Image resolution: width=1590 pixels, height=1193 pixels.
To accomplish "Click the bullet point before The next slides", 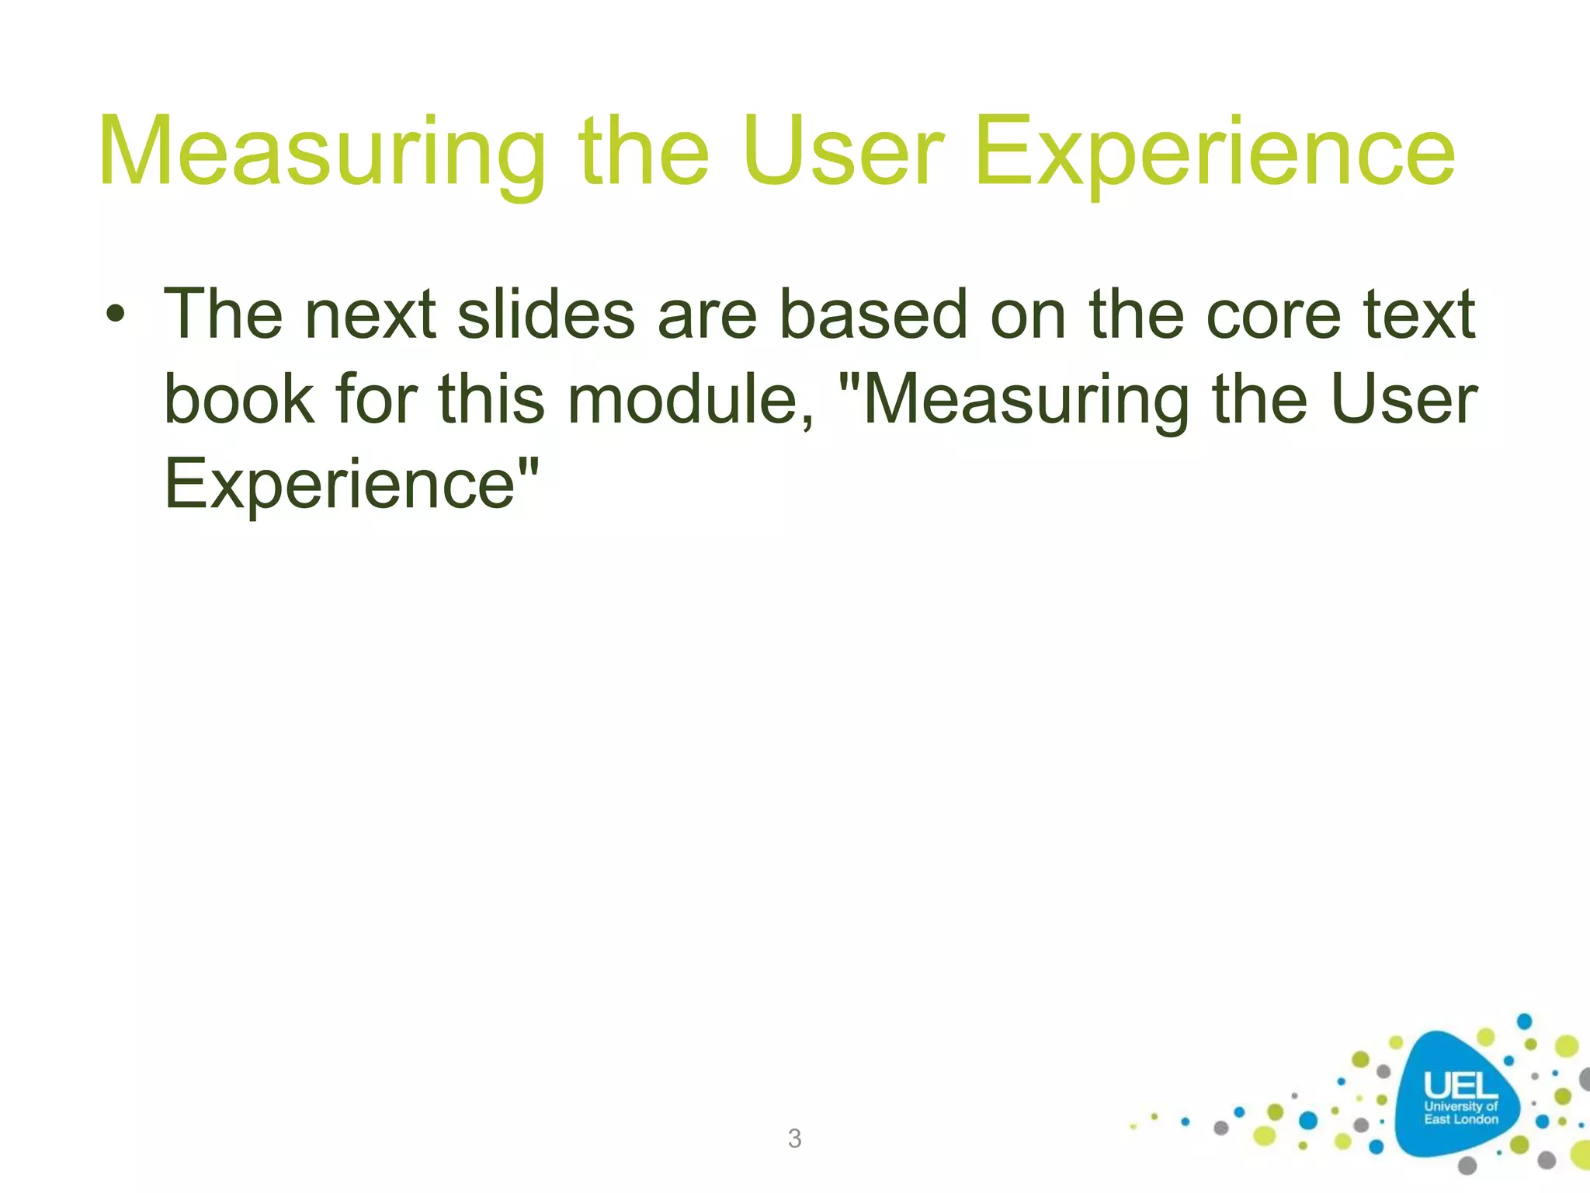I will click(x=116, y=316).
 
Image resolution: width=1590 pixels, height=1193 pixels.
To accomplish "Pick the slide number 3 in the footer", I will click(x=794, y=1139).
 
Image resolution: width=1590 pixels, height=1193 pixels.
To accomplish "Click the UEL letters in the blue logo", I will click(x=1460, y=1086).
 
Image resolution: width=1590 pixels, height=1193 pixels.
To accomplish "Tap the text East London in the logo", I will click(x=1460, y=1119).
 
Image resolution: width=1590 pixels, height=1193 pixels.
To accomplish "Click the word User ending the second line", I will click(x=1403, y=399).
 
